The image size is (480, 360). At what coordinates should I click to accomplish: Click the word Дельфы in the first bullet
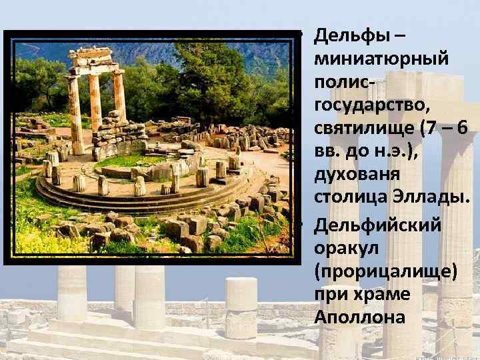(349, 33)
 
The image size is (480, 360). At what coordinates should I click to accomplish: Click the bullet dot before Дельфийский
(301, 223)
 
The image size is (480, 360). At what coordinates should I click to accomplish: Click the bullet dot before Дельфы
(301, 34)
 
